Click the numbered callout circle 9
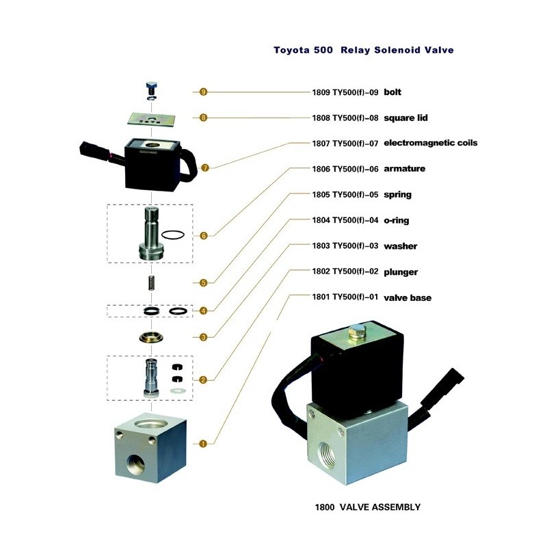(x=203, y=92)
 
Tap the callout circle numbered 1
(x=203, y=444)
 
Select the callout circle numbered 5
(x=203, y=283)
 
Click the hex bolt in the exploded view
(x=151, y=91)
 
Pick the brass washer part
(x=151, y=338)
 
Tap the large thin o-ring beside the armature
(x=173, y=235)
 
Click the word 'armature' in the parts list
(x=404, y=169)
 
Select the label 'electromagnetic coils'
(x=431, y=143)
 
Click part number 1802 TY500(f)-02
(x=345, y=271)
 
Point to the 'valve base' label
(x=408, y=297)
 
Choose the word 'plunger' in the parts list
(x=401, y=272)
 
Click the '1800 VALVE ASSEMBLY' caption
(x=368, y=507)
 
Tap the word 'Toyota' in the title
(x=291, y=50)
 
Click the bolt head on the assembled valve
(x=356, y=332)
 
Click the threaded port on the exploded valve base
(x=135, y=464)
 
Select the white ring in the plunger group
(x=178, y=391)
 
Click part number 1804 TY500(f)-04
(x=345, y=220)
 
